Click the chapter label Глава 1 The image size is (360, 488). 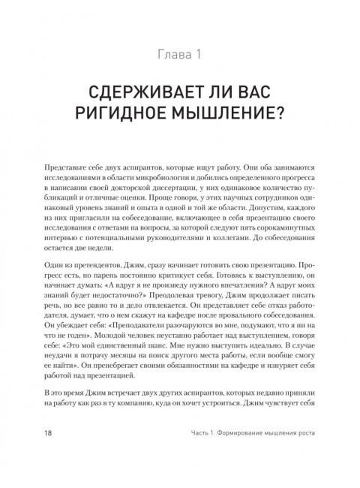click(180, 55)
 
